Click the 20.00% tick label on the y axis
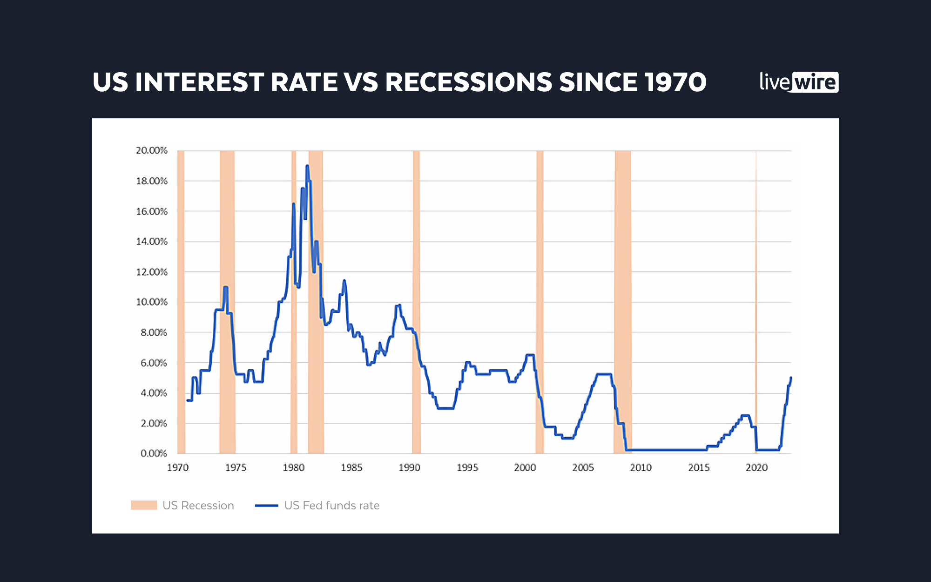(x=151, y=151)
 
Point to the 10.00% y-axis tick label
(x=151, y=302)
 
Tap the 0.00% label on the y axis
(x=154, y=453)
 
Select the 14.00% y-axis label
(x=151, y=242)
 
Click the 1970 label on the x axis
(x=178, y=467)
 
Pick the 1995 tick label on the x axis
(x=467, y=467)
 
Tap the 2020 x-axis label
(x=757, y=467)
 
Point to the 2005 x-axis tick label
(x=583, y=467)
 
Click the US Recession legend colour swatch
(x=144, y=506)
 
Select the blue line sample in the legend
(x=267, y=506)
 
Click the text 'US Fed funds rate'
(x=332, y=506)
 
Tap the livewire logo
(x=799, y=82)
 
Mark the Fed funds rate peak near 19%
(x=307, y=166)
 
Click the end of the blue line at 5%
(x=791, y=378)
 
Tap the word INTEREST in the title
(x=199, y=82)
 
